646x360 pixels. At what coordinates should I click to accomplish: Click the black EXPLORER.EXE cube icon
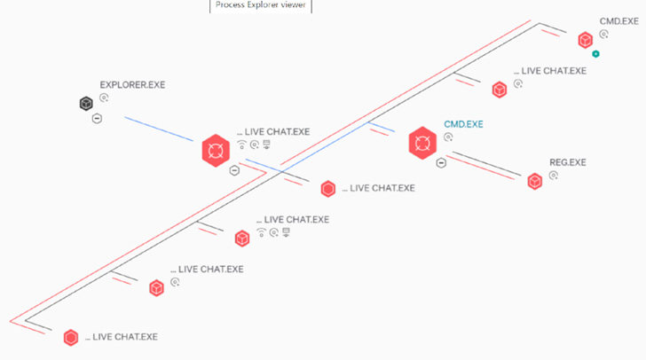coord(85,104)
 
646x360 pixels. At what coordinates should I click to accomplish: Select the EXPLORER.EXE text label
coord(132,85)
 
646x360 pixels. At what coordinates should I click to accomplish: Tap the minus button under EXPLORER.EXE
coord(97,118)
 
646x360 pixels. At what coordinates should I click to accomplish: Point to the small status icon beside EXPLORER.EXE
coord(104,98)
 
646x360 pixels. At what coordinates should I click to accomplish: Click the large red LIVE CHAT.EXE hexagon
coord(214,150)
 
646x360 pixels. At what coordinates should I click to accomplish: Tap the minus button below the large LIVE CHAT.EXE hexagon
coord(233,170)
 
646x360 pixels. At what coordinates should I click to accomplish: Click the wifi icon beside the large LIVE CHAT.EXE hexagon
coord(242,145)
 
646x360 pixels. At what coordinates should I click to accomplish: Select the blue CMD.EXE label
coord(463,124)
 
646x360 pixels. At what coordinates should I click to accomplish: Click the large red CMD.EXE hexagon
coord(422,143)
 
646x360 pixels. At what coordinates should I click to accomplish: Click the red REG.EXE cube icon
coord(535,181)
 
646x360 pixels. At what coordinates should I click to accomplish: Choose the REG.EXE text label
coord(568,163)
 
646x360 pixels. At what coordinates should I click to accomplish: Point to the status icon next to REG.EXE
coord(554,176)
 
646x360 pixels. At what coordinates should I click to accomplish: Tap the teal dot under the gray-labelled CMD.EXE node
coord(596,54)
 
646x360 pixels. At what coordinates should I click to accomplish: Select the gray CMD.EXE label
coord(618,20)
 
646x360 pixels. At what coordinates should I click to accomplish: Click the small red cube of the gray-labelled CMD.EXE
coord(585,40)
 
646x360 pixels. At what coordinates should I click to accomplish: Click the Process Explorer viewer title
coord(261,5)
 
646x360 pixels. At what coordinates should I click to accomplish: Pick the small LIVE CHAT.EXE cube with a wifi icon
coord(241,238)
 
